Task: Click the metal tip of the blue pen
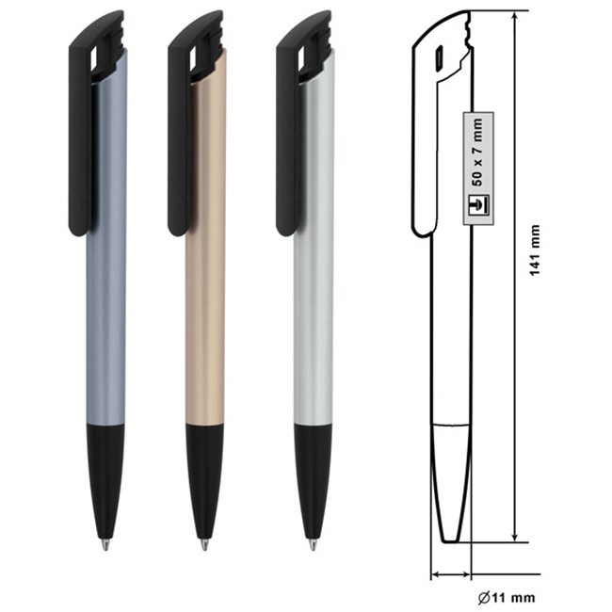click(x=105, y=544)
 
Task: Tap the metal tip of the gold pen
click(x=204, y=544)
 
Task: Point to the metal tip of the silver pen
click(x=313, y=544)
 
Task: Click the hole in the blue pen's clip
click(x=93, y=59)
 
